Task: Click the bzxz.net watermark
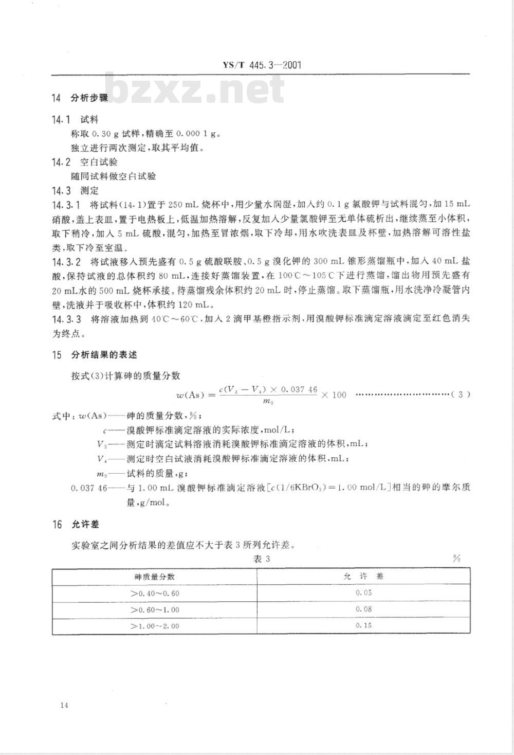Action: (195, 89)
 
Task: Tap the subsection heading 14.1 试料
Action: (75, 119)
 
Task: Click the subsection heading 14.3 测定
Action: (75, 190)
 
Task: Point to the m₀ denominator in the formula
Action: (268, 402)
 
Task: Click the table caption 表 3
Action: (262, 559)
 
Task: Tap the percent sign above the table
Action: (456, 559)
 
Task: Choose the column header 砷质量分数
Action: (155, 577)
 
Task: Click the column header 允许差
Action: (363, 577)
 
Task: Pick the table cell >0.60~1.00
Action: (155, 609)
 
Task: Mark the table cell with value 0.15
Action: (363, 625)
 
